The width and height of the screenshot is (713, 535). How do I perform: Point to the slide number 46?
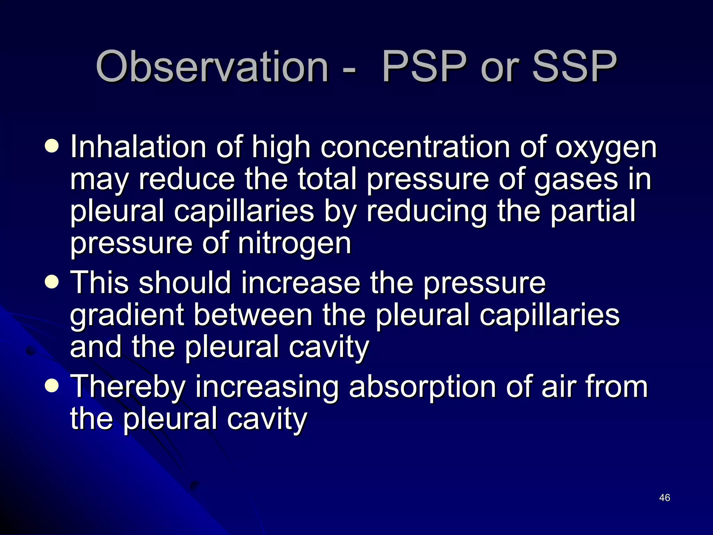pos(665,498)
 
